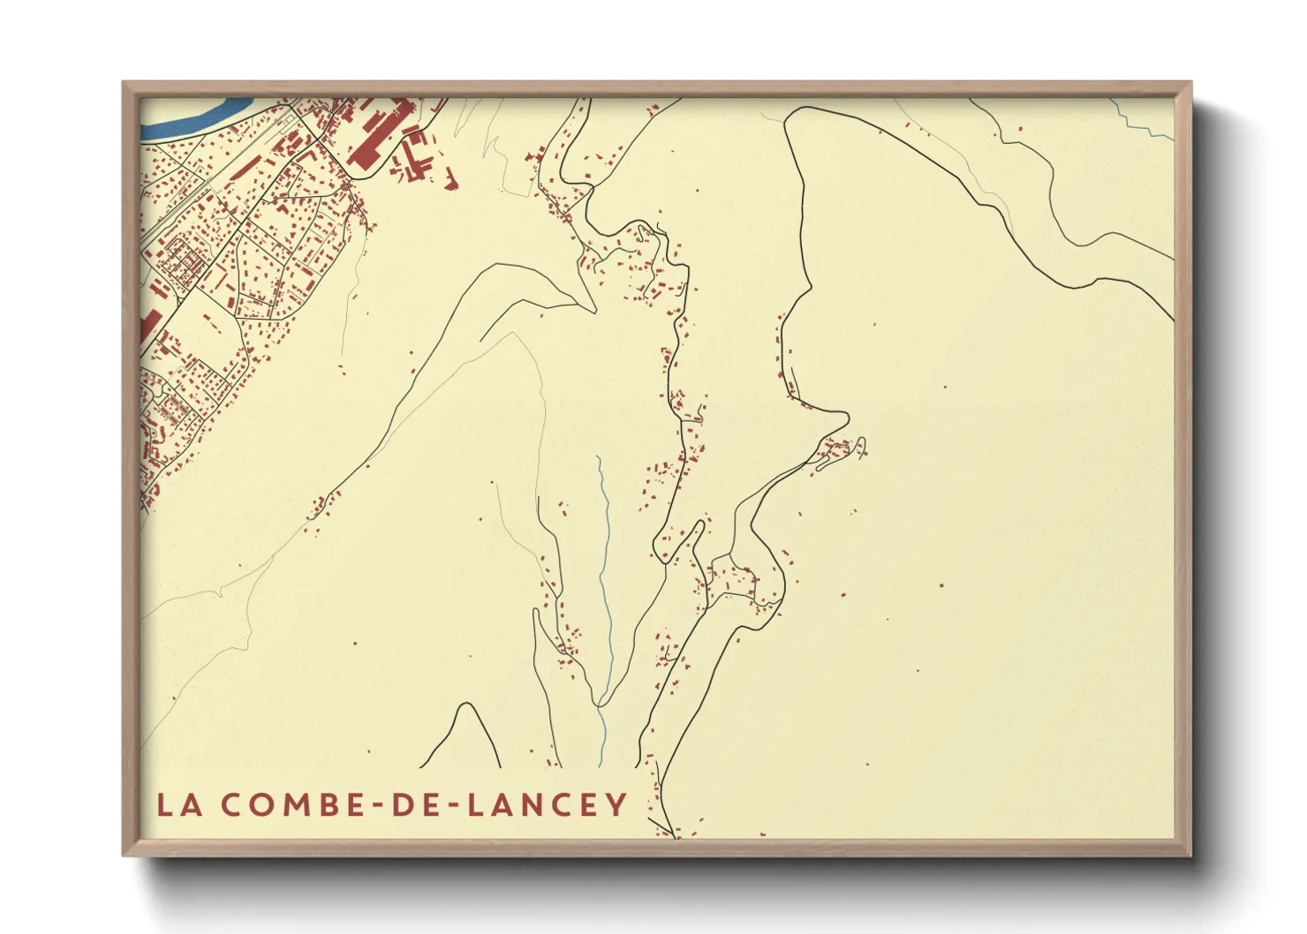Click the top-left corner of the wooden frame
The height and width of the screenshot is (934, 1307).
tap(125, 84)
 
